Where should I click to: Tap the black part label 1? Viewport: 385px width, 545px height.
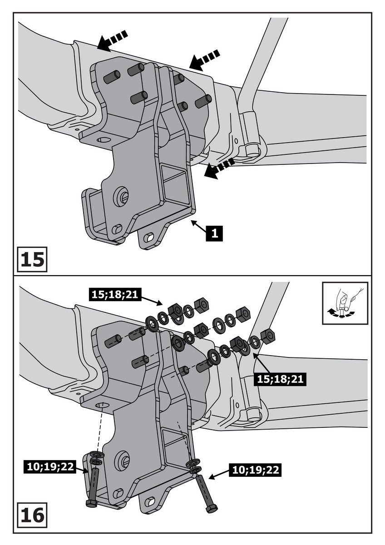tap(214, 233)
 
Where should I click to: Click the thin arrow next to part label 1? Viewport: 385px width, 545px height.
tap(198, 225)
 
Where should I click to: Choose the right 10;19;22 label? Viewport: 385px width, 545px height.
tap(255, 470)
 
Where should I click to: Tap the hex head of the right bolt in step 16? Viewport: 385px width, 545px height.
tap(212, 508)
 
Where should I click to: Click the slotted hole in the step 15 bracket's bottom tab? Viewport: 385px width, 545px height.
tap(148, 238)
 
